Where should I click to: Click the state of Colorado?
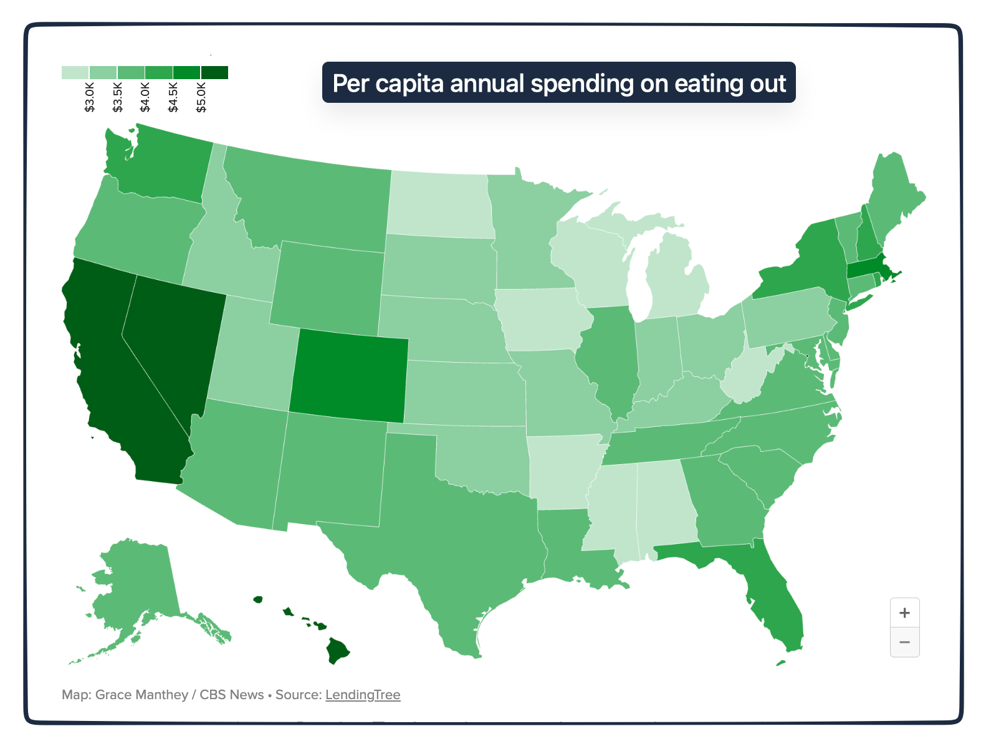[349, 376]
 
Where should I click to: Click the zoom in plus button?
[904, 613]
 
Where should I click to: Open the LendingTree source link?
[363, 695]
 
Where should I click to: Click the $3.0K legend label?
[90, 97]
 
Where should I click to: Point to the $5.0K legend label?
[201, 97]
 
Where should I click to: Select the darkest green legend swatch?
[214, 73]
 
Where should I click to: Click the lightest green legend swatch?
[75, 73]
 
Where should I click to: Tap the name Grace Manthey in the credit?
[141, 695]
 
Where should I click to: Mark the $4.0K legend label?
[145, 97]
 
